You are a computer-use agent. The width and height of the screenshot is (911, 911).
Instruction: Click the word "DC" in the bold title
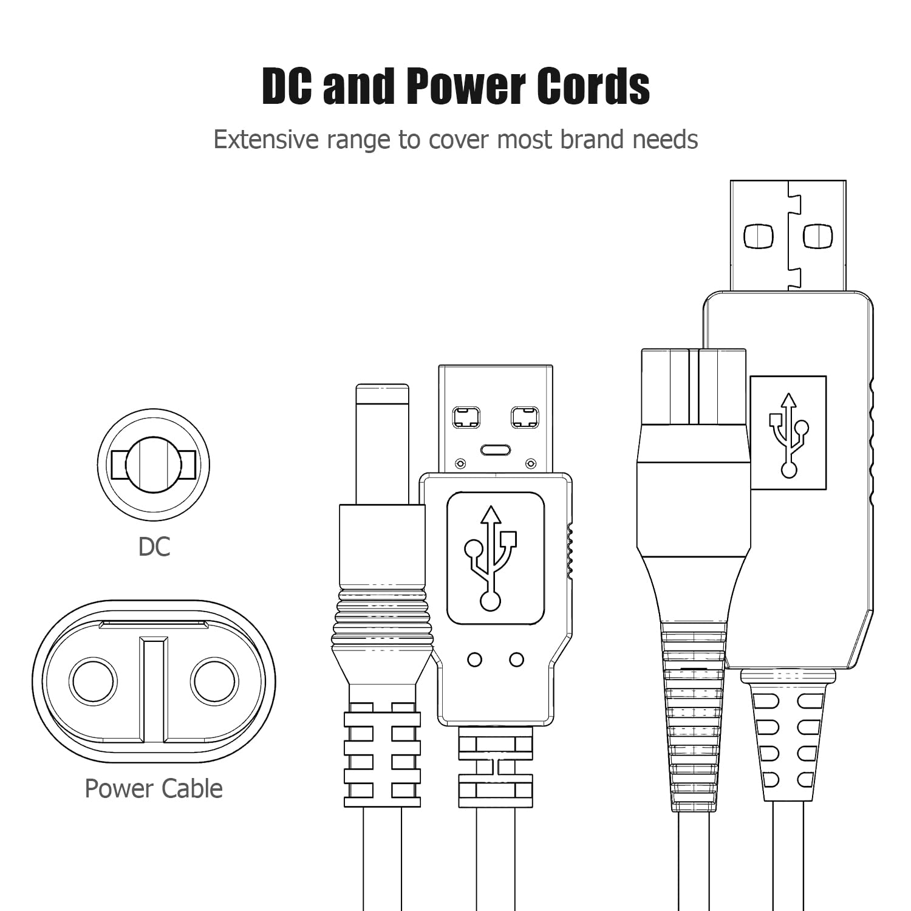tap(287, 86)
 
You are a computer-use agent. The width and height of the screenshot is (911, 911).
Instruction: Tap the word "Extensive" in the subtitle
tap(265, 140)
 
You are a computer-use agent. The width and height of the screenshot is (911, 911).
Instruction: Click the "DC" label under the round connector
tap(154, 547)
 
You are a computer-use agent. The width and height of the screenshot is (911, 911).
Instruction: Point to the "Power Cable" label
tap(154, 788)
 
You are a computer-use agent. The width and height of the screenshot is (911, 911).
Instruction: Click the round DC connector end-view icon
tap(154, 465)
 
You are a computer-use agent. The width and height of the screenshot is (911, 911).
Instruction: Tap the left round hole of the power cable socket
tap(92, 681)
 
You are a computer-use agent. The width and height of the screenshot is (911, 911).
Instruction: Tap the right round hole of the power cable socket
tap(214, 681)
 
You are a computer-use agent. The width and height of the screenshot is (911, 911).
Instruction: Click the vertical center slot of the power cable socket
tap(153, 689)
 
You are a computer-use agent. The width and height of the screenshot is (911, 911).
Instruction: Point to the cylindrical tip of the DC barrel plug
tap(382, 443)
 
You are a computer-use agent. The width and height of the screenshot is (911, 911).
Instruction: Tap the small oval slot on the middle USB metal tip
tap(496, 450)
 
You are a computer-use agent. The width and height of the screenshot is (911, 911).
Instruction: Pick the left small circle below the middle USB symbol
tap(475, 660)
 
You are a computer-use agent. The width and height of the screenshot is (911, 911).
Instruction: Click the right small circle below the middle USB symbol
tap(517, 660)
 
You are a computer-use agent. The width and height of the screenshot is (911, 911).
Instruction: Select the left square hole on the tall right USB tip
tap(759, 236)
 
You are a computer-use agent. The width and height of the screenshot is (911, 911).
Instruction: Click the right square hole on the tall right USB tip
tap(817, 236)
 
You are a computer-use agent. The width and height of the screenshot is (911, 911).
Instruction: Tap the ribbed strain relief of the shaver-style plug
tap(693, 717)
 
